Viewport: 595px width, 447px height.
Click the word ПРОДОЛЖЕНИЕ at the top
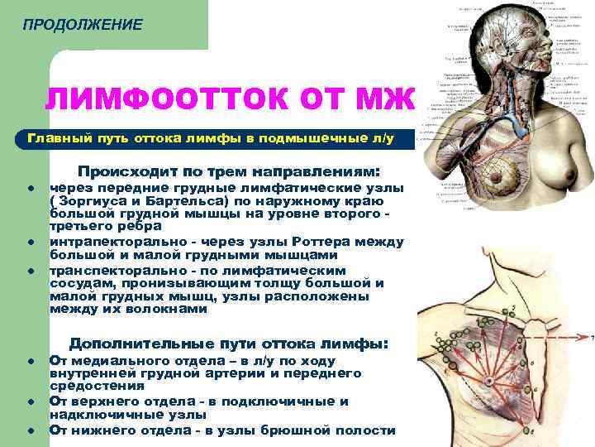[x=83, y=26]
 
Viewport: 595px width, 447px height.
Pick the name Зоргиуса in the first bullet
[x=91, y=200]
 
